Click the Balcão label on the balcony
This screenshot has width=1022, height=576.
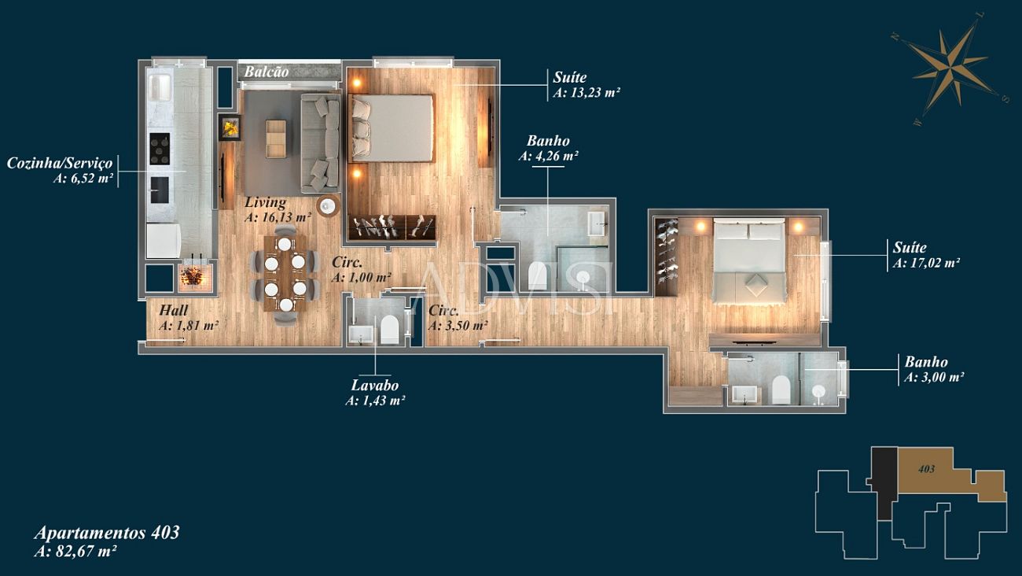point(267,72)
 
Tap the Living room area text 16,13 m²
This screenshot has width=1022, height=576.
point(278,217)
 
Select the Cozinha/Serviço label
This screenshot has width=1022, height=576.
point(59,163)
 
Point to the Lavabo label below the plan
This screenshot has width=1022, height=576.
point(374,385)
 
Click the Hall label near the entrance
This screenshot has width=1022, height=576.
point(174,311)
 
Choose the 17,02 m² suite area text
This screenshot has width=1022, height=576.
point(926,263)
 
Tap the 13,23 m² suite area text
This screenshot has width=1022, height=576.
point(586,93)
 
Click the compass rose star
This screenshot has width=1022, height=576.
point(952,71)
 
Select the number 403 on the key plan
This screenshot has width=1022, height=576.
point(926,469)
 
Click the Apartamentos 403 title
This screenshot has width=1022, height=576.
point(107,533)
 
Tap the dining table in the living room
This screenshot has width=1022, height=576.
point(285,273)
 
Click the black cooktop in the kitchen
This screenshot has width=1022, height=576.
point(160,149)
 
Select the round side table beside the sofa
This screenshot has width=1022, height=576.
point(328,206)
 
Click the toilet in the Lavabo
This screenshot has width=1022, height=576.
point(390,328)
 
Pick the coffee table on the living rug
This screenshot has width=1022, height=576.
point(276,138)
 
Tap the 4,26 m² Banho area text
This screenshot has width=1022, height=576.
point(549,157)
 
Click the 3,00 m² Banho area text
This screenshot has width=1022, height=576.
point(934,378)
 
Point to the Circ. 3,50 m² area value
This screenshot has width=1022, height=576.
point(458,326)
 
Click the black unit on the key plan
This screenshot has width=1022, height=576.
point(884,482)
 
